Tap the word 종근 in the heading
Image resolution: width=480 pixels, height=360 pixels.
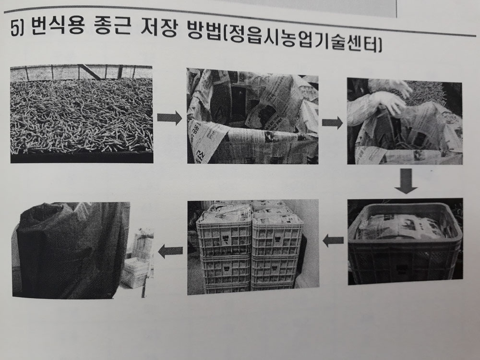point(111,27)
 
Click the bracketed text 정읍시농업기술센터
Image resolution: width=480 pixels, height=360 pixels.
point(301,41)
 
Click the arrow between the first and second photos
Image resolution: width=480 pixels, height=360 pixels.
point(169,118)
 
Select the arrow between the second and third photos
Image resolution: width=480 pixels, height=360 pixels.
point(332,123)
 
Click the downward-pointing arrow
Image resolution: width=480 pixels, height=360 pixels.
point(406,180)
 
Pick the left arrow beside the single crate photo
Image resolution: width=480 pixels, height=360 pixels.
point(333,240)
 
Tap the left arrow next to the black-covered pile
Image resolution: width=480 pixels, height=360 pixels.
point(170,251)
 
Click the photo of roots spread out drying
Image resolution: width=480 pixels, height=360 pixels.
point(82,114)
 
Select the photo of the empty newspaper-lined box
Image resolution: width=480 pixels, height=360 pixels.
point(252,116)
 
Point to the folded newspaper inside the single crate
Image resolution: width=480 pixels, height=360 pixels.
point(404,227)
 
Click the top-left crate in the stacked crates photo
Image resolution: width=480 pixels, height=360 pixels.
point(224,232)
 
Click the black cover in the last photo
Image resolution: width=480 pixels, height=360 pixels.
point(72,249)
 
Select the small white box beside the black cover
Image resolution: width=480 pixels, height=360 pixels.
point(136,273)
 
